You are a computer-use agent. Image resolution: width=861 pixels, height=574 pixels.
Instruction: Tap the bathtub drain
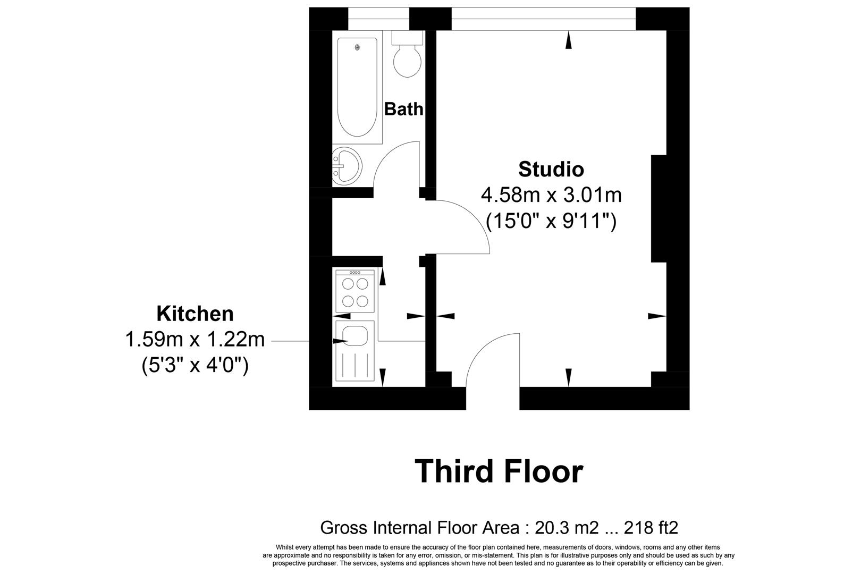pos(358,47)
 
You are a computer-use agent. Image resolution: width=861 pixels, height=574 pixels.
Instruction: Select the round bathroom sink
pos(347,166)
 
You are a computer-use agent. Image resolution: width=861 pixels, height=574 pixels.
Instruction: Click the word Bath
pos(403,109)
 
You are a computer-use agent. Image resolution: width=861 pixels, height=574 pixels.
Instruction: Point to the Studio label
pos(551,169)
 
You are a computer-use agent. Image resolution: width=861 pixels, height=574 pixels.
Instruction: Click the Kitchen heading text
pos(195,314)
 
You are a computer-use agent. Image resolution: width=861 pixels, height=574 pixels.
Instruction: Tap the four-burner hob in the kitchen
pos(355,291)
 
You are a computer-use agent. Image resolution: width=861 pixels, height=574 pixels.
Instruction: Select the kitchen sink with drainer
pos(355,351)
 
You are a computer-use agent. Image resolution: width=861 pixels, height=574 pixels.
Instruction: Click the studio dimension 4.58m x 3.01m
pos(551,195)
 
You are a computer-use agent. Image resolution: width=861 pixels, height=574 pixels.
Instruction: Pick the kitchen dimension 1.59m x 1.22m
pos(195,340)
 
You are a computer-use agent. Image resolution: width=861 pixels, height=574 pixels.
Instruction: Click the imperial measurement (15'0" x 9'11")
pos(551,221)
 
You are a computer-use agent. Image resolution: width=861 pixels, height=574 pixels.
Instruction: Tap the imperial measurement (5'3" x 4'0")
pos(195,365)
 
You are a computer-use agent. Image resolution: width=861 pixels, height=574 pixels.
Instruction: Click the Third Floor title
pos(499,471)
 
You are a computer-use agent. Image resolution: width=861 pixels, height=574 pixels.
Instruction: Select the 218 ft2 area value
pos(651,528)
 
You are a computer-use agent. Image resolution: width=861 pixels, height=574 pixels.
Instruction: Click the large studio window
pos(544,19)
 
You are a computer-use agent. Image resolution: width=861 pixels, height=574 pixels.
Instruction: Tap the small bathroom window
pos(378,19)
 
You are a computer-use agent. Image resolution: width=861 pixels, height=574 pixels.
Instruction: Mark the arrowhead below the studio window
pos(569,40)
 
